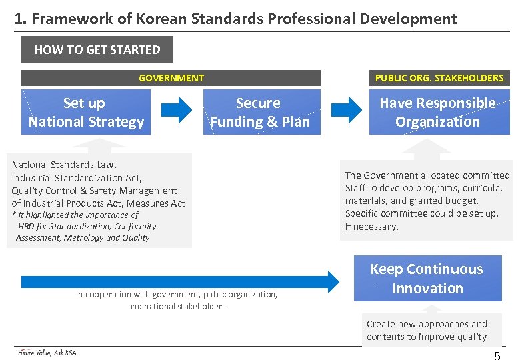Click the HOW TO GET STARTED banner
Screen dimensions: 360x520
pos(97,49)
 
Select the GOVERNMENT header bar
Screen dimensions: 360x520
pos(171,78)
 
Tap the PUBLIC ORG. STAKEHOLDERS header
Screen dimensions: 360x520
pos(439,78)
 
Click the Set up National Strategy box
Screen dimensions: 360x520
pos(85,112)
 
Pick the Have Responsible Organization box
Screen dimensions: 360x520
pos(438,112)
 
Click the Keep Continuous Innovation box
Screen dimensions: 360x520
pos(427,279)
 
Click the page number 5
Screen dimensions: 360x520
pos(497,355)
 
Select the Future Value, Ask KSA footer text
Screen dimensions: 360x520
pos(47,353)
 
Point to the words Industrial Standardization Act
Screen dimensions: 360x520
pos(77,178)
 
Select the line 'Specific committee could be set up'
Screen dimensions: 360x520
pos(421,213)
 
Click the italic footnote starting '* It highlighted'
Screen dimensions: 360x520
pos(75,215)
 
